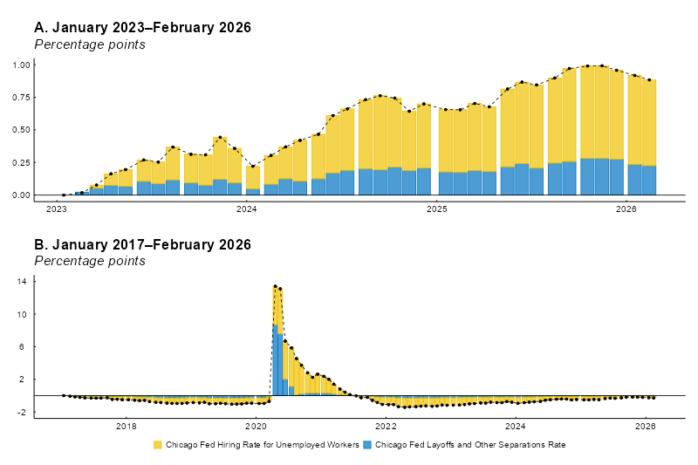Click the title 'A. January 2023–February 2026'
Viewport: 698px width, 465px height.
point(142,28)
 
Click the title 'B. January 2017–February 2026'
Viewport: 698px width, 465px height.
point(142,245)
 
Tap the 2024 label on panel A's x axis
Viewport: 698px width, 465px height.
point(246,209)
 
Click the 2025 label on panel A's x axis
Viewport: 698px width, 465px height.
point(436,209)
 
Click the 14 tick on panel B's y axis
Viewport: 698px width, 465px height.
point(23,281)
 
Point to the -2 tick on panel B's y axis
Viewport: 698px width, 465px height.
point(23,412)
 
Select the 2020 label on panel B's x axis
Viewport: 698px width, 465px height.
point(256,427)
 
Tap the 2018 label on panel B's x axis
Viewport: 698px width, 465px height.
point(127,427)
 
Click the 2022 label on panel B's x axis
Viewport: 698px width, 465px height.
point(386,427)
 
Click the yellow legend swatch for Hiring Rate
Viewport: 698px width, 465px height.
point(158,445)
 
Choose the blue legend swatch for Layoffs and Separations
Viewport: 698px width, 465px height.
point(367,445)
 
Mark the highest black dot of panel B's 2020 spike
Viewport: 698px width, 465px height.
point(275,286)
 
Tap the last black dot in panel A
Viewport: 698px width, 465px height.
point(649,80)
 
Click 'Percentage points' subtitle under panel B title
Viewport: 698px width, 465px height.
point(89,261)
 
